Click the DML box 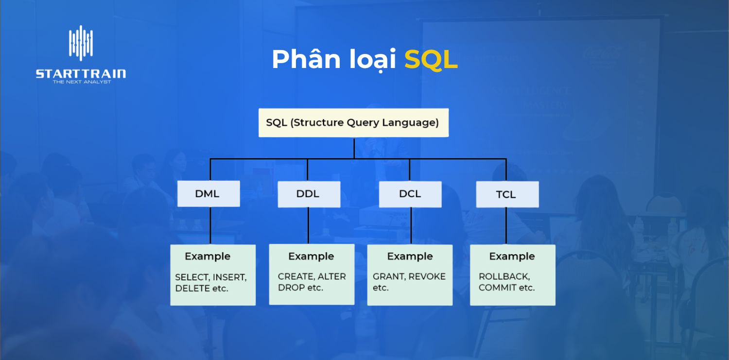208,194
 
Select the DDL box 309,194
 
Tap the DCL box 410,194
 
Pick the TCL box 507,195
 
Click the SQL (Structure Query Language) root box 353,122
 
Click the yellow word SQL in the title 431,60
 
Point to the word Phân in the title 306,60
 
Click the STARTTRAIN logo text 81,74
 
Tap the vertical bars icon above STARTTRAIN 81,42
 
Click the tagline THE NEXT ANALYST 82,82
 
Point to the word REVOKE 427,276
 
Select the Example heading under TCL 511,257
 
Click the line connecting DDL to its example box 308,225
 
